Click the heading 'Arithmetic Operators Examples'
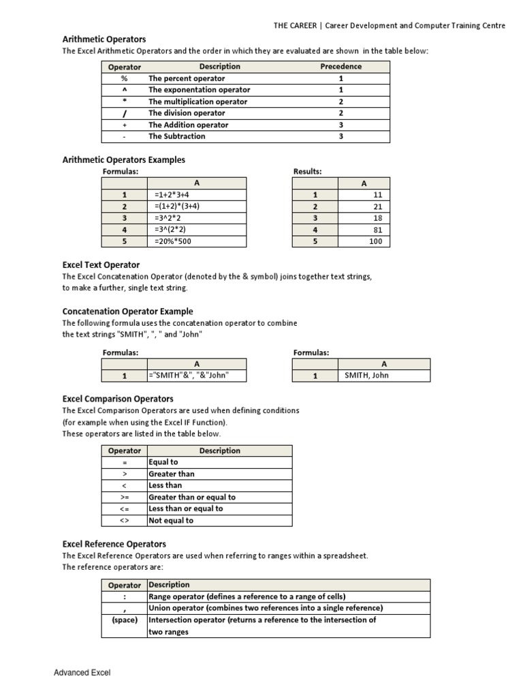[x=124, y=160]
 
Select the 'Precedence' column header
[x=340, y=67]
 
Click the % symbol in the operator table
[x=125, y=78]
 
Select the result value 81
[x=377, y=230]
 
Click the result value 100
[x=375, y=241]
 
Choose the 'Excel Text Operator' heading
[x=101, y=264]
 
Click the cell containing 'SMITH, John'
[x=367, y=375]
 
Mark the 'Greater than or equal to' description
[x=192, y=497]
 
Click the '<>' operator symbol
[x=125, y=520]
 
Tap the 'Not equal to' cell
[x=171, y=520]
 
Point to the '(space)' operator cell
[x=125, y=620]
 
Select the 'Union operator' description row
[x=266, y=608]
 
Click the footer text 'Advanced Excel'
[x=82, y=673]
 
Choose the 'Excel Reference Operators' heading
[x=114, y=544]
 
